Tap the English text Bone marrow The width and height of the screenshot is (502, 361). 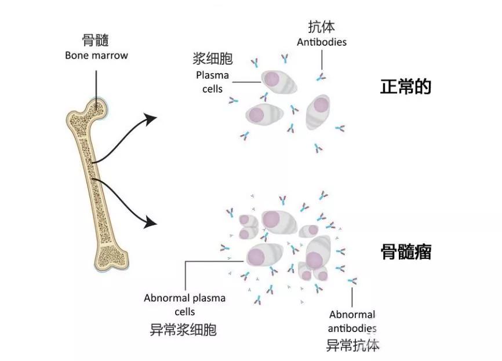(x=96, y=56)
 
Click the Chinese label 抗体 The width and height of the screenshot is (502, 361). (x=321, y=27)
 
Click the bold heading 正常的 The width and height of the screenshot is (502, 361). (x=406, y=87)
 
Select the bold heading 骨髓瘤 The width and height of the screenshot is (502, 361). (x=406, y=253)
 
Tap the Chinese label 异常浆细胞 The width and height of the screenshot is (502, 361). (x=183, y=330)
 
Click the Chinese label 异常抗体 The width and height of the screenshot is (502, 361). (x=352, y=346)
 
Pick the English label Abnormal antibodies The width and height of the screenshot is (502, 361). (x=352, y=322)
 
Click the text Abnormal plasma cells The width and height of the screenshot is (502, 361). (x=185, y=305)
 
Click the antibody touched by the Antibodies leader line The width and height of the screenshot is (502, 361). (x=321, y=77)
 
